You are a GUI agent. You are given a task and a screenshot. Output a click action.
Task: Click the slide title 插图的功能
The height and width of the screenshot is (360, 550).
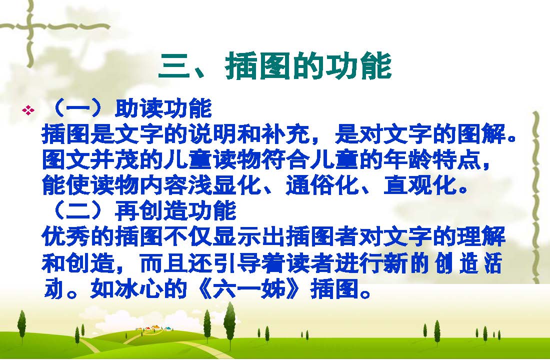pyautogui.click(x=308, y=65)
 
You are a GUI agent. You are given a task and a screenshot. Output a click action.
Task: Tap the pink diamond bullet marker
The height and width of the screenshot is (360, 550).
pyautogui.click(x=28, y=110)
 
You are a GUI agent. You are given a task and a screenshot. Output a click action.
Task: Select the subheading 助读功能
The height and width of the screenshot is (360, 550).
pyautogui.click(x=163, y=109)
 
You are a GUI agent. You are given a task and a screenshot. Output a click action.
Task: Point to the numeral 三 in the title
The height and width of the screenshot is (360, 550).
pyautogui.click(x=174, y=66)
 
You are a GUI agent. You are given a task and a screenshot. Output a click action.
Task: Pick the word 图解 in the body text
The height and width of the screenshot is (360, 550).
pyautogui.click(x=481, y=133)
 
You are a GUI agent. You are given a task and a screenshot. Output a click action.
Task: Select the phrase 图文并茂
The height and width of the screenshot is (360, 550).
pyautogui.click(x=90, y=159)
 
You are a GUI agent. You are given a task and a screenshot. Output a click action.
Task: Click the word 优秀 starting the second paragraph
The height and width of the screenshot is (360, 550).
pyautogui.click(x=66, y=236)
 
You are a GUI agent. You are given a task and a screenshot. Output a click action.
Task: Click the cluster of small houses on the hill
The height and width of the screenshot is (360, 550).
pyautogui.click(x=153, y=328)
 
